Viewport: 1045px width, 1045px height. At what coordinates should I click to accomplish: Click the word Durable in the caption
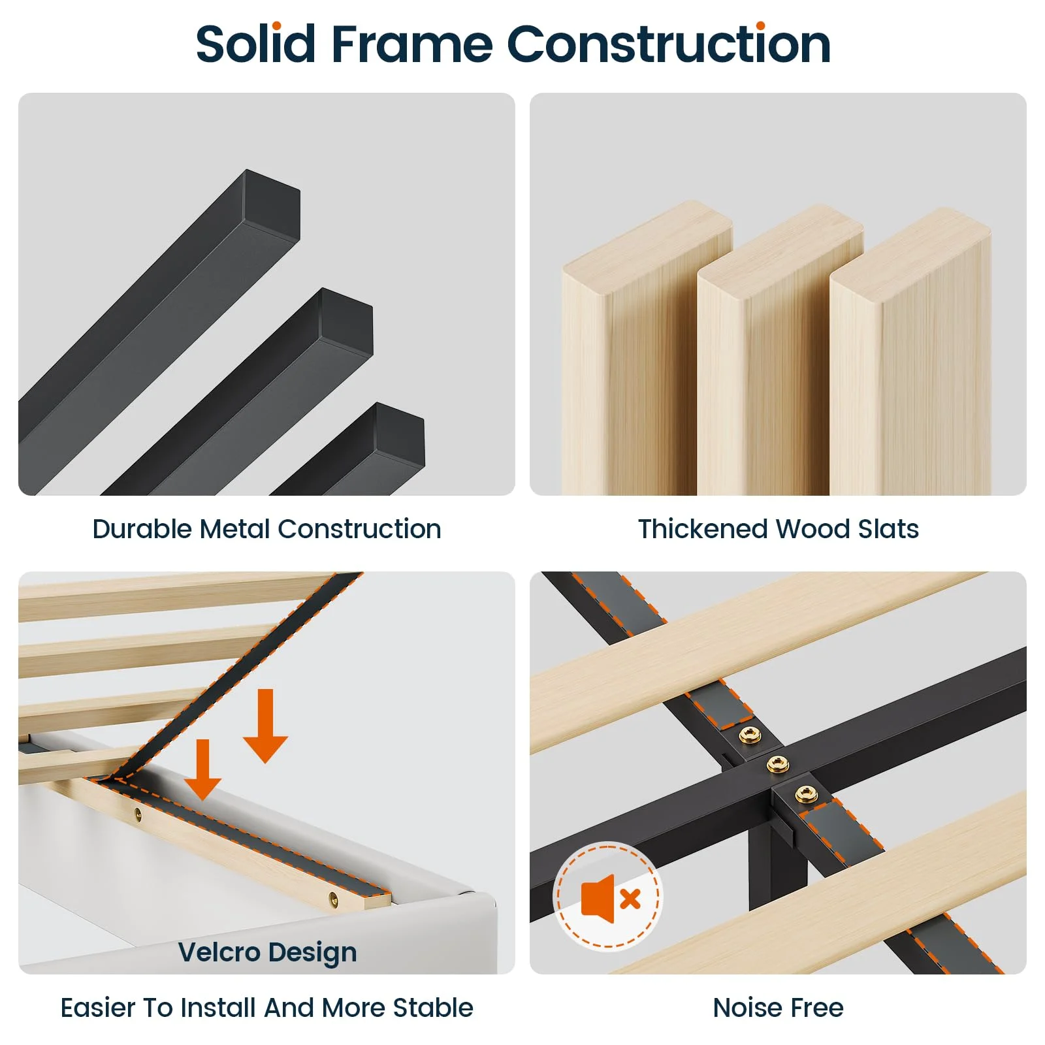click(143, 528)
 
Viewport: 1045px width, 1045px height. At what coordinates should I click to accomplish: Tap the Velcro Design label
click(267, 952)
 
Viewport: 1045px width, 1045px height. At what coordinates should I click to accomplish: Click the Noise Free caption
click(778, 1007)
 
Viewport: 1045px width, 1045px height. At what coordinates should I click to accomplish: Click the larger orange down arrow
click(265, 725)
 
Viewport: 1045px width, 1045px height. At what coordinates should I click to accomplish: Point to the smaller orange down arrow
click(202, 769)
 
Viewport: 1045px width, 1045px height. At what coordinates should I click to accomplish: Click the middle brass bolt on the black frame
click(777, 764)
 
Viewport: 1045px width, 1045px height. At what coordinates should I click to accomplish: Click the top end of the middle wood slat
click(780, 238)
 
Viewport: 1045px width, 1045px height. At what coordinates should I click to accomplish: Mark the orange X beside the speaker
click(630, 899)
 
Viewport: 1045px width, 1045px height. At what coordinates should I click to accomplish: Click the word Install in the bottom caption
click(219, 1007)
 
